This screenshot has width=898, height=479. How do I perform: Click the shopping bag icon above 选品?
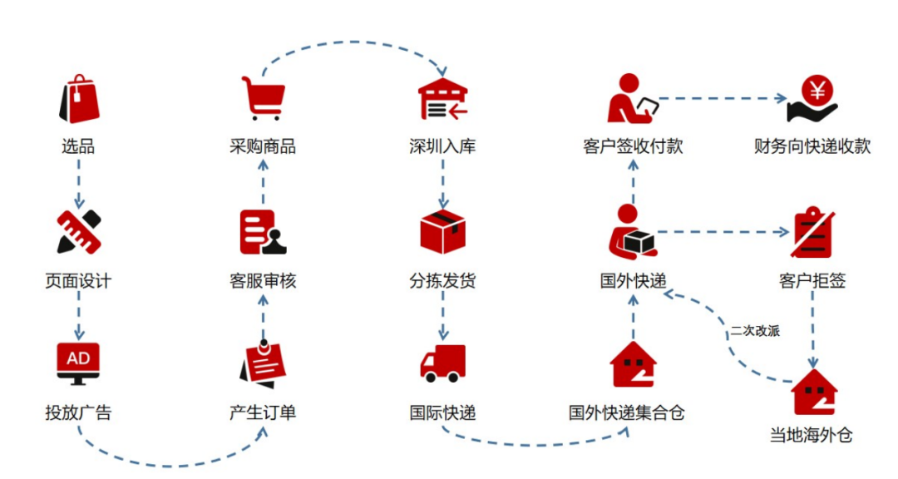pyautogui.click(x=78, y=99)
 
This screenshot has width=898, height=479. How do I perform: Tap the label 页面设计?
pyautogui.click(x=78, y=280)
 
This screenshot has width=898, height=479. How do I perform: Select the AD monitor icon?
pyautogui.click(x=78, y=363)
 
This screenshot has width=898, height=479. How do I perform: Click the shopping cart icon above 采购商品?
pyautogui.click(x=263, y=98)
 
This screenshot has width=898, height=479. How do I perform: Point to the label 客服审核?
pyautogui.click(x=263, y=280)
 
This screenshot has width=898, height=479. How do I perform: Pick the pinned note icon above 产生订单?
pyautogui.click(x=263, y=363)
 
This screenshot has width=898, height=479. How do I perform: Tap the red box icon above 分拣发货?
pyautogui.click(x=442, y=231)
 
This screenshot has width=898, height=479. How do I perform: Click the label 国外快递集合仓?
pyautogui.click(x=627, y=412)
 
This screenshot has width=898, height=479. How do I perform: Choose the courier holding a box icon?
pyautogui.click(x=631, y=232)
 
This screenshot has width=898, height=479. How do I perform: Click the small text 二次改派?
pyautogui.click(x=755, y=330)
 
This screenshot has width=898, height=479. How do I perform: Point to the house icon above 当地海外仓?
pyautogui.click(x=814, y=391)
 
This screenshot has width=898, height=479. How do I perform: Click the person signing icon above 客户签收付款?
pyautogui.click(x=633, y=99)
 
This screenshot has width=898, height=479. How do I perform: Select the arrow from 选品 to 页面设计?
pyautogui.click(x=78, y=184)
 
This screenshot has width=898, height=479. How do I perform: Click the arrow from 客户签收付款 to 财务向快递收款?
pyautogui.click(x=722, y=98)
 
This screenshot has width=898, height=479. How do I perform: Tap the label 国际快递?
pyautogui.click(x=442, y=412)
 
